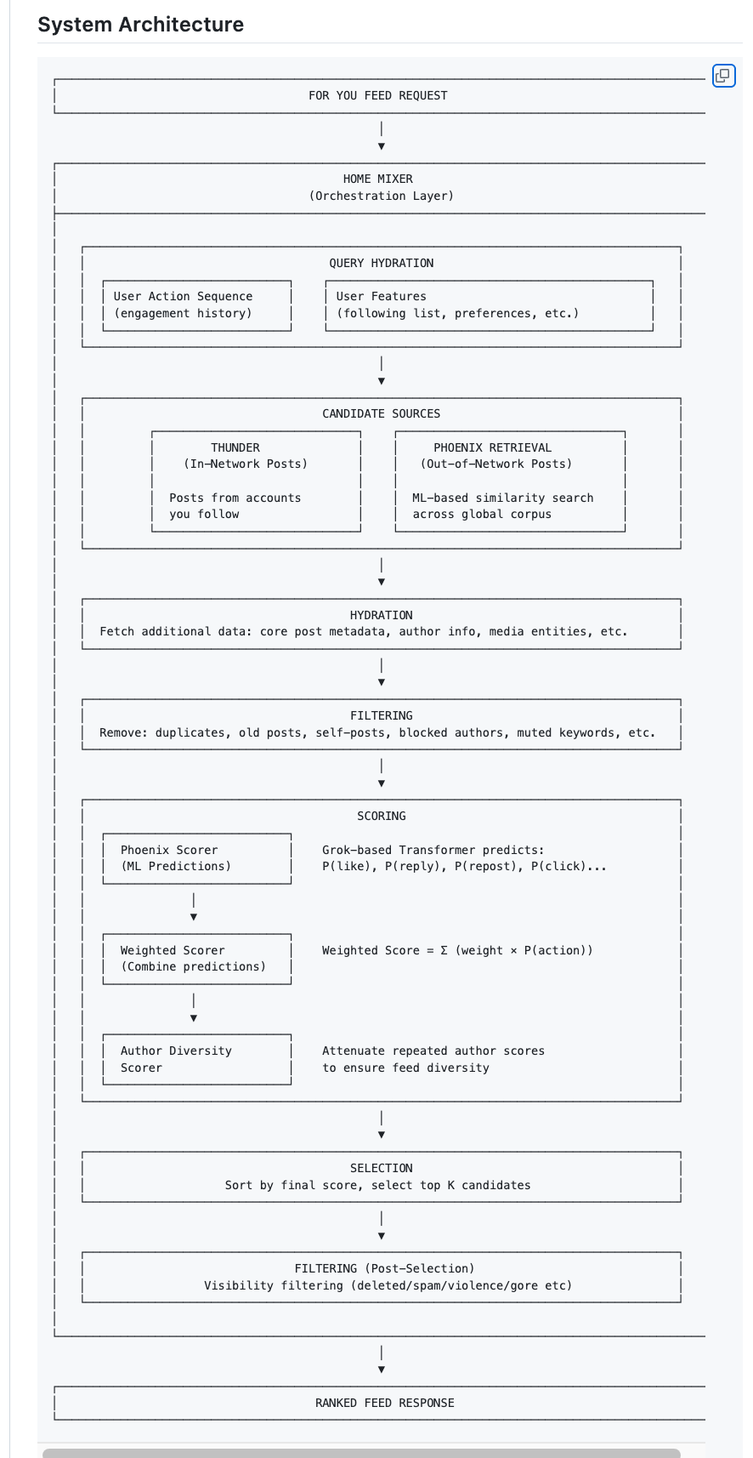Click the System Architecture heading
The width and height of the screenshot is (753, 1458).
[x=140, y=25]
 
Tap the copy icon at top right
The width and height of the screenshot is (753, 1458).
[x=724, y=76]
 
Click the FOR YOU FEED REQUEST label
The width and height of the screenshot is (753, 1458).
[x=378, y=95]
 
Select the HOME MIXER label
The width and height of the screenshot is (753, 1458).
[x=378, y=179]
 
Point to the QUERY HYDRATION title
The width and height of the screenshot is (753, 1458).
[x=381, y=263]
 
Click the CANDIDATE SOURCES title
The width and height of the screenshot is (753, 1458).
[x=381, y=414]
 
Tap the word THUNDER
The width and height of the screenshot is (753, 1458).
[x=235, y=447]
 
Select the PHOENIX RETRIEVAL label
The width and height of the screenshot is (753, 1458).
[x=492, y=447]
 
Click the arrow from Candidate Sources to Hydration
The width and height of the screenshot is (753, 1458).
[x=381, y=572]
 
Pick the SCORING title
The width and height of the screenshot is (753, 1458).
[x=381, y=817]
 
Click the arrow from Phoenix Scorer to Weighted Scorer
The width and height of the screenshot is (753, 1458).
[x=193, y=907]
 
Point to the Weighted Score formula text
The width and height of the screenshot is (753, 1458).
[x=457, y=950]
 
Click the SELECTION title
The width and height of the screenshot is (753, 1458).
[x=381, y=1168]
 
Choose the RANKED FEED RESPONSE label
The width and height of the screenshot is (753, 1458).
[x=385, y=1403]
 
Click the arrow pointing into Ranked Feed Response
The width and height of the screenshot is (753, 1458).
[x=381, y=1359]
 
